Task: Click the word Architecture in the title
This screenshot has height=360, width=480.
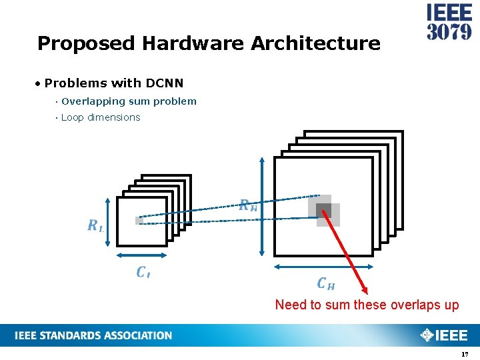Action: click(x=315, y=44)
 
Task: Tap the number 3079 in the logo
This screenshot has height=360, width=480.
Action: click(x=449, y=31)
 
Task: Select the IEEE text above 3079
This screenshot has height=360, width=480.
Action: click(x=449, y=13)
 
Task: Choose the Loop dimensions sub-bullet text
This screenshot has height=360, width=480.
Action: click(x=101, y=117)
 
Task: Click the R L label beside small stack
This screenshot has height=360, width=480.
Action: click(x=95, y=225)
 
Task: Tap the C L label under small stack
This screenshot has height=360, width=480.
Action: click(x=143, y=272)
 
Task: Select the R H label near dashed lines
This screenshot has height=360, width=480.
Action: click(x=247, y=205)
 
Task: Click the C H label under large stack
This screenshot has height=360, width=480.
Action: click(x=325, y=284)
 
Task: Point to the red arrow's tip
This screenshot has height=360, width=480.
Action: click(x=366, y=293)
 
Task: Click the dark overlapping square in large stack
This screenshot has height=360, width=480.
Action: click(x=324, y=211)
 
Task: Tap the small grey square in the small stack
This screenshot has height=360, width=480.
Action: click(x=139, y=220)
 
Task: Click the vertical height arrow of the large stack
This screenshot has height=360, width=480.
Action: click(x=261, y=207)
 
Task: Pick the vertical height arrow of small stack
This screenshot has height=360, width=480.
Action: click(x=107, y=222)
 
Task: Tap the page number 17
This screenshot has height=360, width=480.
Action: click(x=465, y=354)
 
